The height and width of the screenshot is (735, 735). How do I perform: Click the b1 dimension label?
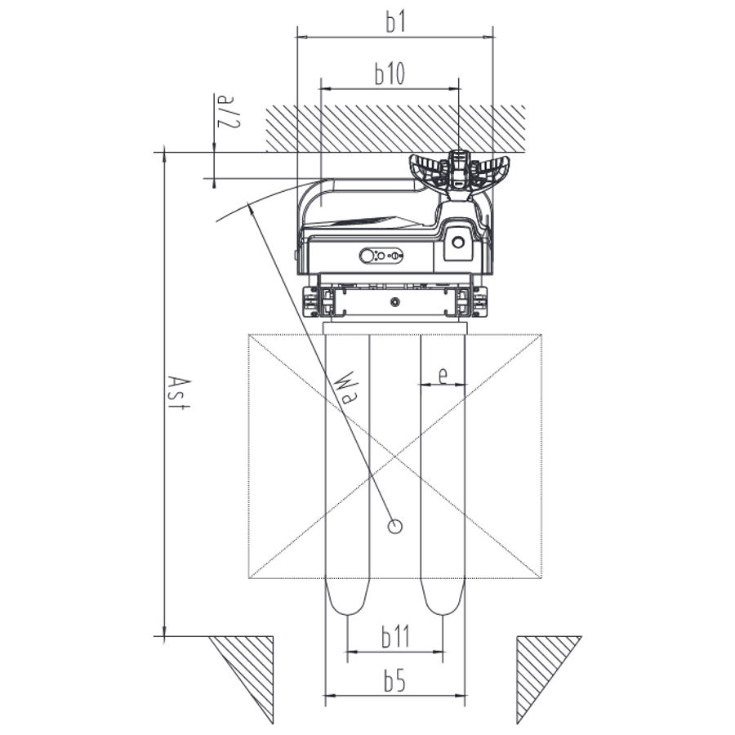click(x=395, y=22)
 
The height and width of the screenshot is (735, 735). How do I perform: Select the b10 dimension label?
click(x=390, y=73)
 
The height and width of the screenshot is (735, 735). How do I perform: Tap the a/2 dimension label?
click(x=229, y=112)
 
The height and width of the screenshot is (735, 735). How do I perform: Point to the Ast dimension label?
click(x=180, y=393)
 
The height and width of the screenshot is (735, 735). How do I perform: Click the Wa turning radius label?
click(x=346, y=388)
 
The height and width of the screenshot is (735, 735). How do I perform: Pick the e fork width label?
click(x=443, y=375)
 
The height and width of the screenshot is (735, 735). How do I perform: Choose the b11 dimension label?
click(x=395, y=636)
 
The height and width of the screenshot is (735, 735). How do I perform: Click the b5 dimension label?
click(x=394, y=680)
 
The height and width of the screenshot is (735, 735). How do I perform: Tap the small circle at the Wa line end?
click(x=395, y=527)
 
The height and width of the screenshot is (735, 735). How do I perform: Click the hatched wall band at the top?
click(x=395, y=128)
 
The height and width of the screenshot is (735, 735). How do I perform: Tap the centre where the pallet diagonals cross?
click(x=395, y=456)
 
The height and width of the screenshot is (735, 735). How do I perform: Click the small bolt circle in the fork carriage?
click(x=395, y=302)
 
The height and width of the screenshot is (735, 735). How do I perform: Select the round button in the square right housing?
click(x=458, y=243)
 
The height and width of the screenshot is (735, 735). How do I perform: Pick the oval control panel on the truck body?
click(x=381, y=256)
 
